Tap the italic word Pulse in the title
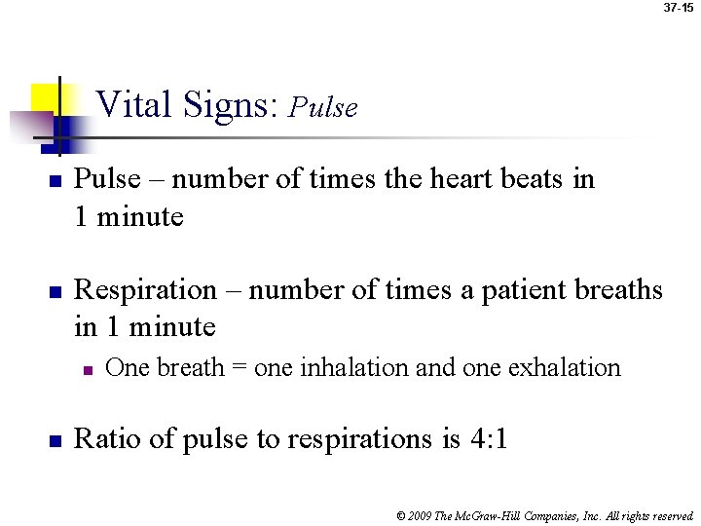(x=324, y=107)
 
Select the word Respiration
(x=145, y=291)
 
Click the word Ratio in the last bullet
(x=108, y=439)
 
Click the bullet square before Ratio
(x=55, y=440)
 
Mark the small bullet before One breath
(x=87, y=369)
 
